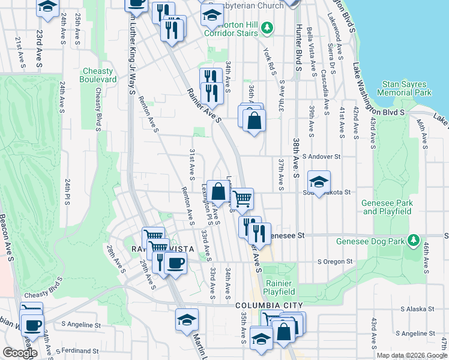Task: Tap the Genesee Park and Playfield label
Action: [387, 207]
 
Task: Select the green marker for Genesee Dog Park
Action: [412, 241]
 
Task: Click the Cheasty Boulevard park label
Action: [99, 75]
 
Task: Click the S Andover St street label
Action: [321, 157]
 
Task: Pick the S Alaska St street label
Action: [417, 309]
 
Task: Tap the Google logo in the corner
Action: [19, 353]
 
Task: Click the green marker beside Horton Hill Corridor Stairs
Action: [268, 28]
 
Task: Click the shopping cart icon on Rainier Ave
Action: [242, 199]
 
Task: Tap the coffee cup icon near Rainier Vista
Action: [175, 262]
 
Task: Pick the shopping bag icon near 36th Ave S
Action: [255, 121]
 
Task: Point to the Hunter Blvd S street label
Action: [297, 45]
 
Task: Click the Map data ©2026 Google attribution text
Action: [411, 355]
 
